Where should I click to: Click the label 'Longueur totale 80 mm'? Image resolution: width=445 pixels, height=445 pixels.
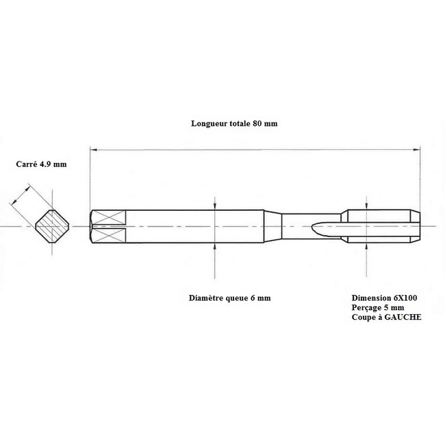point(234,124)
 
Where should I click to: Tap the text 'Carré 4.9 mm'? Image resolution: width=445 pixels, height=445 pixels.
point(42,164)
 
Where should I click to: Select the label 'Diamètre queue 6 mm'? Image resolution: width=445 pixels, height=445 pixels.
point(229,298)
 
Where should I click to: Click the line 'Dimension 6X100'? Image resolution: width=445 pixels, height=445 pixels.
point(384,298)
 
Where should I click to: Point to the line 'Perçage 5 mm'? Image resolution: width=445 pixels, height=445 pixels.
point(378,307)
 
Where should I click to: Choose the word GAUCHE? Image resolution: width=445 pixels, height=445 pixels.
point(403,317)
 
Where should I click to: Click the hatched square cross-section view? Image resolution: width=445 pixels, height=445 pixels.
point(52,226)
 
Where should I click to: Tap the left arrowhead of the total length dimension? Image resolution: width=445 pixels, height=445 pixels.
point(93,149)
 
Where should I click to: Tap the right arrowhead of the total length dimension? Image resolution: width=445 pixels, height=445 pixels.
point(417,149)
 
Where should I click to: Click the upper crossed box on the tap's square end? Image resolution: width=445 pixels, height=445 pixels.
point(109,218)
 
